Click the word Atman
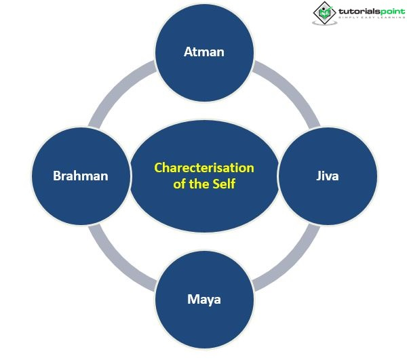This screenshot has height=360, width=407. (x=204, y=52)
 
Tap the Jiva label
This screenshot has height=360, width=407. (x=327, y=176)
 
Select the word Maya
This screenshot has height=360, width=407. (x=204, y=299)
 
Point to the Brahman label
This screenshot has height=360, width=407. (x=81, y=176)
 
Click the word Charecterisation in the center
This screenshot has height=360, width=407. (x=204, y=167)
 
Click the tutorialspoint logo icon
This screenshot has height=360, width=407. (x=323, y=12)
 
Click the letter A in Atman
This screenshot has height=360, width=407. (x=188, y=52)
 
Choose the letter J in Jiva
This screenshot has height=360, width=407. (x=318, y=176)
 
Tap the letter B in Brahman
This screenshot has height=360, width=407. (x=57, y=176)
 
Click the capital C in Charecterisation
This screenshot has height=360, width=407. (x=158, y=167)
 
